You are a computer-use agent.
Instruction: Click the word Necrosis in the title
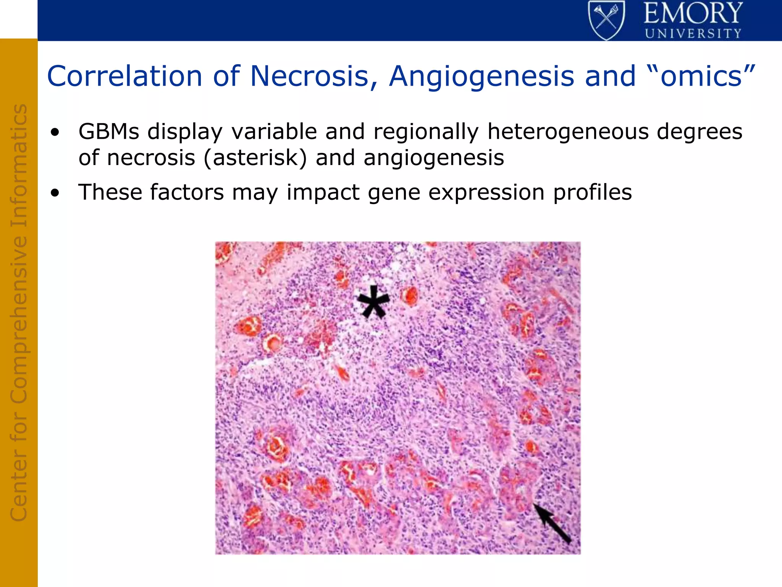pos(310,76)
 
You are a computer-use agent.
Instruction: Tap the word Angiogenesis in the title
pos(481,76)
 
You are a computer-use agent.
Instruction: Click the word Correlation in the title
pos(124,76)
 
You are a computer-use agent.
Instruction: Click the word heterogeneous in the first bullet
pos(567,132)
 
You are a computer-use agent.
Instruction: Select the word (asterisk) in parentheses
pos(255,158)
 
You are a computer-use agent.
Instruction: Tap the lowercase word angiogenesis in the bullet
pos(434,158)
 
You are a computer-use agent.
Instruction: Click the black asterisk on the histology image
pos(373,302)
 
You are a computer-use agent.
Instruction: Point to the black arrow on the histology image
pos(552,523)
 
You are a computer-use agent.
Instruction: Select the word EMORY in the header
pos(693,13)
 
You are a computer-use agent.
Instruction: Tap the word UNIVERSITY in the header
pos(693,34)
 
